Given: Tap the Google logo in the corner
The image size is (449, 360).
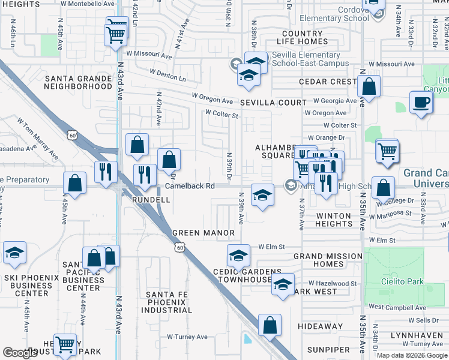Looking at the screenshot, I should pos(20,353).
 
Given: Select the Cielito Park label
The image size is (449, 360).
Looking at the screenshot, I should pos(401,281).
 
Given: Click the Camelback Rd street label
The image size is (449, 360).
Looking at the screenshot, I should pos(190,186).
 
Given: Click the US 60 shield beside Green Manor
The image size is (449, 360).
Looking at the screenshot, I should pos(179,247).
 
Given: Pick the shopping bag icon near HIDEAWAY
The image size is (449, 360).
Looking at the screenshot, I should pos(270,325).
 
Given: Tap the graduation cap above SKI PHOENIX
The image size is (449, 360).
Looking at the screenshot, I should pos(14,254).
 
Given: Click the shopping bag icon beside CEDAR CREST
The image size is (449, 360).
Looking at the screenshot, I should pos(369,86).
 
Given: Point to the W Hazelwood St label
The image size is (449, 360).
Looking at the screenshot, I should pos(333,283).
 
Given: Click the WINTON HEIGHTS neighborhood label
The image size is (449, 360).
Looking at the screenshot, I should pos(334,220).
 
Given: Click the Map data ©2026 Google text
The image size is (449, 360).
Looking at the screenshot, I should pos(412,355).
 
